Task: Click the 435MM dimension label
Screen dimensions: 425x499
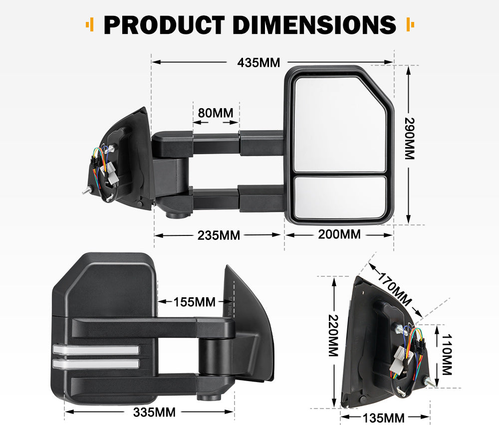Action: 258,63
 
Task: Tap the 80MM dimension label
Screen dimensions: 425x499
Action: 216,113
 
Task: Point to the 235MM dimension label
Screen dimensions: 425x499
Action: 219,235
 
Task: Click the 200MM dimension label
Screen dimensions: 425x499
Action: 339,233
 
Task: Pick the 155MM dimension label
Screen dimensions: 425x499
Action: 195,302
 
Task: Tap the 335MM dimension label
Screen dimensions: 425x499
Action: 154,412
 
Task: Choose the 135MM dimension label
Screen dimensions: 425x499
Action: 384,418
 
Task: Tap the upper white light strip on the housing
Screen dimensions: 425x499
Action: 95,350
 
